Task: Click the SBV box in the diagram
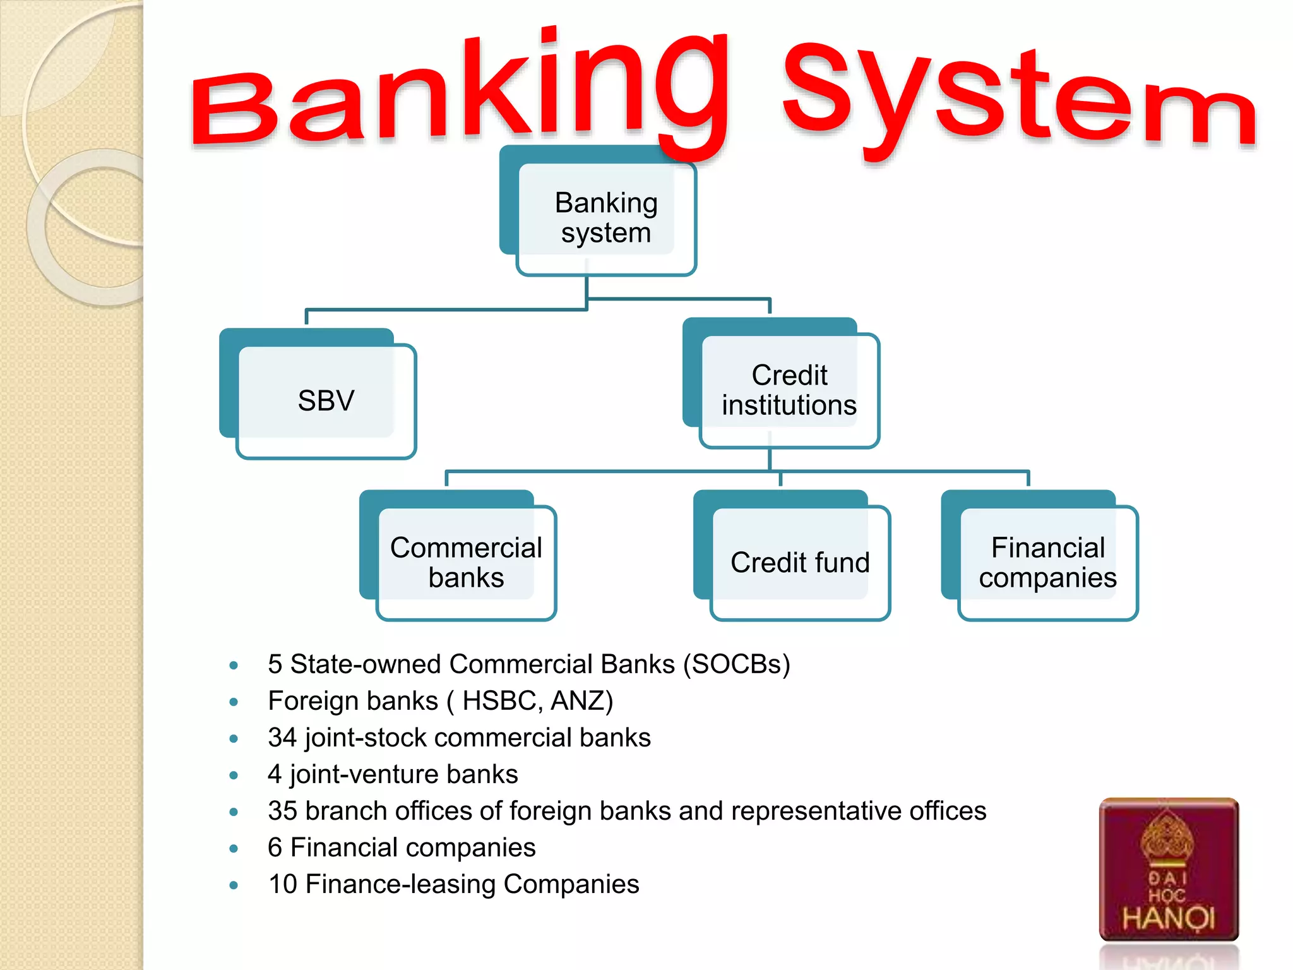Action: click(325, 400)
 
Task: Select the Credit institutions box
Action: click(789, 390)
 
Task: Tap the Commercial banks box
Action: click(465, 562)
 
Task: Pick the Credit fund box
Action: click(799, 562)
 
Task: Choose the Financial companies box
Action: click(1047, 562)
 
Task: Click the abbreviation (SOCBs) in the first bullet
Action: click(736, 664)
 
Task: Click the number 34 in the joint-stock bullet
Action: click(282, 738)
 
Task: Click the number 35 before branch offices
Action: click(282, 811)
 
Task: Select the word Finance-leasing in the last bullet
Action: click(400, 884)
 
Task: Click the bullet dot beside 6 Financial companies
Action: click(234, 849)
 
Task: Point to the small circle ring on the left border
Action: click(95, 227)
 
